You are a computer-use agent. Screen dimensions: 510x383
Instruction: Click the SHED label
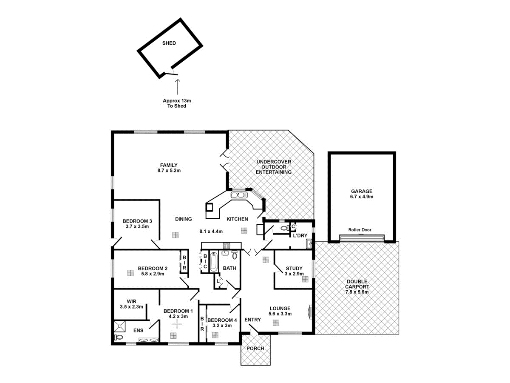[x=169, y=43]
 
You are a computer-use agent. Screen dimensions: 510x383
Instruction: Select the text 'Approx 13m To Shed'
[x=177, y=103]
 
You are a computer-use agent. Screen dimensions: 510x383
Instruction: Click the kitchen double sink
[x=239, y=195]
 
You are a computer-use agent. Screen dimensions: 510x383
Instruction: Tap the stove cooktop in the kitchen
[x=226, y=245]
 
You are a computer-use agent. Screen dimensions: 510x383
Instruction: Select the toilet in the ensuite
[x=119, y=337]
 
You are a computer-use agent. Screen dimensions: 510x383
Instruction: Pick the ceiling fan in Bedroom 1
[x=177, y=325]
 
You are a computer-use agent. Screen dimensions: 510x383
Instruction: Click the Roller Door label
[x=360, y=230]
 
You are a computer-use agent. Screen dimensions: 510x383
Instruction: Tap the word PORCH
[x=255, y=348]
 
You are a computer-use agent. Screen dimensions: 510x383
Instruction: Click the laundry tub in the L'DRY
[x=309, y=244]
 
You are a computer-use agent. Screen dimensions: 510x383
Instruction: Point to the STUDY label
[x=294, y=269]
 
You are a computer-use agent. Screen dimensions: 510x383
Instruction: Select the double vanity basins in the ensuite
[x=148, y=340]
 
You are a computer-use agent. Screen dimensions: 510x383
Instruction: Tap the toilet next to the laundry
[x=284, y=229]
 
